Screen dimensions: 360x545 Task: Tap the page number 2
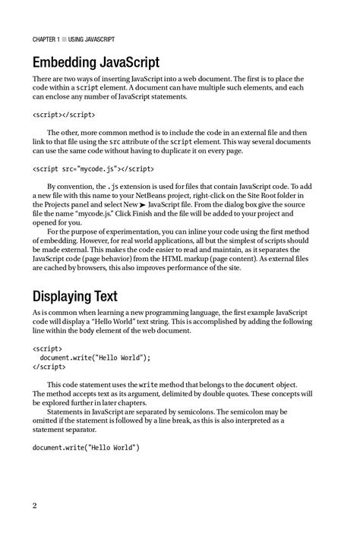click(x=35, y=506)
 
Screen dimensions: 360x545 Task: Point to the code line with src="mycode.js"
click(x=93, y=169)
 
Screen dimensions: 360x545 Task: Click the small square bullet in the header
click(x=68, y=39)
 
